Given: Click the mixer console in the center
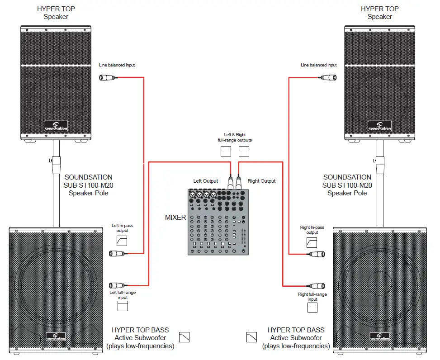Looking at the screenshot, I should tap(218, 222).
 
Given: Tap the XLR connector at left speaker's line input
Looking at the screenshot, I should tap(109, 78).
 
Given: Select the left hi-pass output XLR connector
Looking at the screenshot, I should tap(117, 253).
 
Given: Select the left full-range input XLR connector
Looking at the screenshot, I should tap(117, 285).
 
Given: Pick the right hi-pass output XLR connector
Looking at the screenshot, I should tap(317, 254).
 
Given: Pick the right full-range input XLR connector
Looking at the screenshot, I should tap(317, 286).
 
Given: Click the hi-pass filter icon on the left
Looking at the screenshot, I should tap(122, 241).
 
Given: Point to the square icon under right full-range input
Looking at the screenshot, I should tap(312, 308).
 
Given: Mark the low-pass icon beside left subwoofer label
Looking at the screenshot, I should tap(184, 337).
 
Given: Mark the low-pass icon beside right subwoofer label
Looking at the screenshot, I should tap(251, 337).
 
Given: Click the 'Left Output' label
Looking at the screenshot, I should tap(206, 181).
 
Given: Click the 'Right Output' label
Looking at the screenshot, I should tap(261, 181).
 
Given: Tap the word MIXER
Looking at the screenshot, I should tap(175, 218).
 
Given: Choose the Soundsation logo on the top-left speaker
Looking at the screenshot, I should tap(56, 126).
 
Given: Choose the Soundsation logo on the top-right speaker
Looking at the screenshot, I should tap(380, 126).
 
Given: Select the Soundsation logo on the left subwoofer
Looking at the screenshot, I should tap(56, 336).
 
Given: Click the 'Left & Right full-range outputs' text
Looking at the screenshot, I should tap(235, 137).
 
